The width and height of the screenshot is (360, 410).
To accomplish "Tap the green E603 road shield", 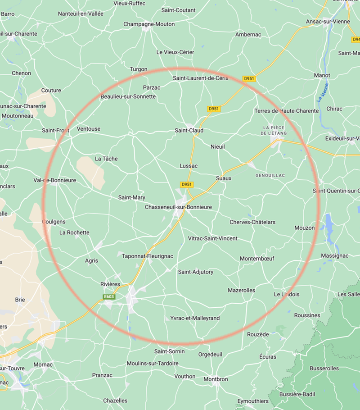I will [x=109, y=296].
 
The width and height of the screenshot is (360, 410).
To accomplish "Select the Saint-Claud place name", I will [x=189, y=131].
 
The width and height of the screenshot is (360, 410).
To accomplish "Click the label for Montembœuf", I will [x=257, y=259].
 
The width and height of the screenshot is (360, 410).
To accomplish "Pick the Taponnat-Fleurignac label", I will [x=148, y=256].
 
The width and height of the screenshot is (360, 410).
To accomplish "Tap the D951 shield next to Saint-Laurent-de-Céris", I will [x=249, y=78].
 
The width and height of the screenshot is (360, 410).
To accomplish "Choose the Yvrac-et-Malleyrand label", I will [x=195, y=318].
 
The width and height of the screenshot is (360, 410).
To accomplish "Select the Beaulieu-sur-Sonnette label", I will [x=128, y=96].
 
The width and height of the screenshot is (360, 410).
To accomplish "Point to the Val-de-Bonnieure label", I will [x=55, y=180].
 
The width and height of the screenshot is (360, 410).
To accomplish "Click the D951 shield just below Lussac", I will [x=186, y=185].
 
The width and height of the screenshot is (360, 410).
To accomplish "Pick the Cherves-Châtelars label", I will [x=252, y=222].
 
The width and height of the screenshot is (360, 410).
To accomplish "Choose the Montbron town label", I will [x=216, y=379].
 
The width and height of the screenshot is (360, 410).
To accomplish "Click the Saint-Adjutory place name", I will [x=196, y=272].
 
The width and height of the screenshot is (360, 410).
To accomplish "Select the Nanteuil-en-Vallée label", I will [x=81, y=14].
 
